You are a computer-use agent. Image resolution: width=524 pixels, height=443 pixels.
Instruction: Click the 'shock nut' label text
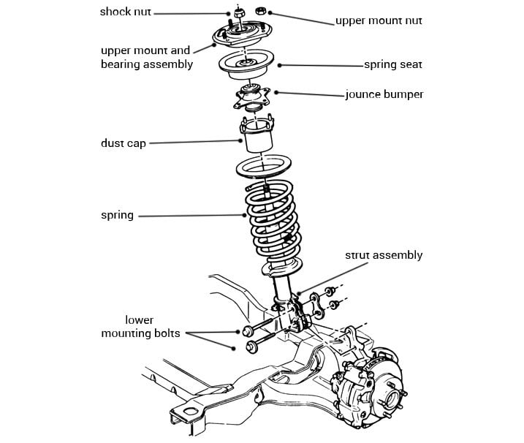(x=126, y=12)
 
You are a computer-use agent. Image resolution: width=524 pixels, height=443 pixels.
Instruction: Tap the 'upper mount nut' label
(x=379, y=20)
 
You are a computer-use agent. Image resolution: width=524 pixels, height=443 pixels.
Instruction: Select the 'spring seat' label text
(x=393, y=64)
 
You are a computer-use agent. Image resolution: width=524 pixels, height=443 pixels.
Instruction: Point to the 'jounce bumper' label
(x=384, y=94)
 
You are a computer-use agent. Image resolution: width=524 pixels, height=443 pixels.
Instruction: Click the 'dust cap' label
(x=124, y=143)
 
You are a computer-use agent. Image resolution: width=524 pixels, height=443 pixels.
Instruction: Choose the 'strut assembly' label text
(x=384, y=255)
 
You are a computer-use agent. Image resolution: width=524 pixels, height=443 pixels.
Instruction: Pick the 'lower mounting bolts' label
(x=140, y=327)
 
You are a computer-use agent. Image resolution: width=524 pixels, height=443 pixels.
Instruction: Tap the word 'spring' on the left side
(x=117, y=215)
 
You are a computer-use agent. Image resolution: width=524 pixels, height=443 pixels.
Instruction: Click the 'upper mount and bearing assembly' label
(x=147, y=57)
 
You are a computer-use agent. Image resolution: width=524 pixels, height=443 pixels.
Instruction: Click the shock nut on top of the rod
(x=238, y=13)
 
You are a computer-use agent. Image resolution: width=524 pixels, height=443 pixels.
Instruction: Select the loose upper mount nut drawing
(x=260, y=11)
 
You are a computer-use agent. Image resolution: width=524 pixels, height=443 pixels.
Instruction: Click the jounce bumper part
(x=251, y=97)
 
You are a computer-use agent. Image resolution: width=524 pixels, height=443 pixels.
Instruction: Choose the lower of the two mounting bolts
(x=261, y=342)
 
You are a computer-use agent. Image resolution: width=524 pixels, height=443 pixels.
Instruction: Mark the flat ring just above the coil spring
(x=264, y=167)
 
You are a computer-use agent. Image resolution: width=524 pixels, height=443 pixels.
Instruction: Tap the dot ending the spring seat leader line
(x=279, y=66)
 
